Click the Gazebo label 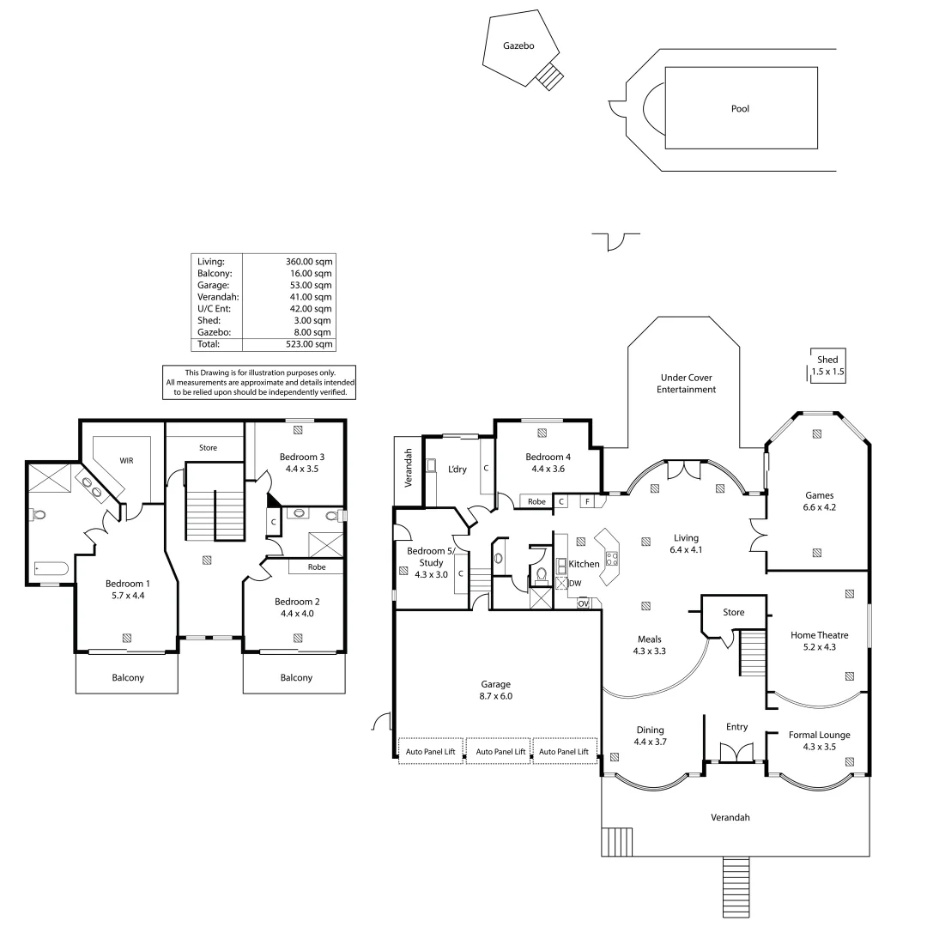(x=518, y=47)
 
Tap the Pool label (x=739, y=109)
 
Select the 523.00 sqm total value (x=308, y=344)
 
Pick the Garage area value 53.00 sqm (x=308, y=285)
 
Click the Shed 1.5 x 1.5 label (x=827, y=366)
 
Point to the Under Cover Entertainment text (x=686, y=384)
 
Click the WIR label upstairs (x=125, y=461)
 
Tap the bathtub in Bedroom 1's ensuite (x=51, y=568)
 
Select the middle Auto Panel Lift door (x=500, y=751)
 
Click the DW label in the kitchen (x=575, y=583)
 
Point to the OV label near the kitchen (x=584, y=603)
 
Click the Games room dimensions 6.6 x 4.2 (x=819, y=507)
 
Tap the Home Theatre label (x=819, y=635)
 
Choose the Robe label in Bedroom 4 (x=536, y=501)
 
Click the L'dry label (x=456, y=470)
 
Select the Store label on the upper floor (x=208, y=448)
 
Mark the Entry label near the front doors (x=736, y=727)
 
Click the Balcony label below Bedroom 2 (x=296, y=678)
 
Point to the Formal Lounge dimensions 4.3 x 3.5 (x=820, y=747)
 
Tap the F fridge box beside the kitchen (x=587, y=500)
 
